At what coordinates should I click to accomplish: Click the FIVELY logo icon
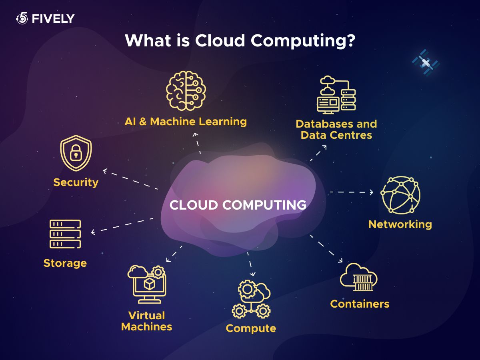coord(22,18)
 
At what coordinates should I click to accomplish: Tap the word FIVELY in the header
coord(53,18)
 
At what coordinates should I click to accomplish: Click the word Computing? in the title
coord(303,41)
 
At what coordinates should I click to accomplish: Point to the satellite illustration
coord(426,62)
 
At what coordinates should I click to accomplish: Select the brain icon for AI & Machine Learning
coord(186,90)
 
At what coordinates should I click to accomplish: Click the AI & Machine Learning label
coord(186,122)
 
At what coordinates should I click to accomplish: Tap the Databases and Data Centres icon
coord(336,95)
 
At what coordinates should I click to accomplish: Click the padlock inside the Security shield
coord(76,152)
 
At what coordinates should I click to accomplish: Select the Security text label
coord(76,182)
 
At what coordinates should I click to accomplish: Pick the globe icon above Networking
coord(400,195)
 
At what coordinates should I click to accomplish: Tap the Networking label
coord(400,224)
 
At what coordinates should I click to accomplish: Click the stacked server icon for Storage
coord(65,234)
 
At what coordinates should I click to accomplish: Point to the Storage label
coord(65,263)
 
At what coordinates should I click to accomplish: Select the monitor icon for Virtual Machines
coord(147,284)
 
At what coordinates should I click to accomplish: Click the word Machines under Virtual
coord(147,327)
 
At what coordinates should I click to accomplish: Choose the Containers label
coord(360,304)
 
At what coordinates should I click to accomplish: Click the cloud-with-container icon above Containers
coord(359,277)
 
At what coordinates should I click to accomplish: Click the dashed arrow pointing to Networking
coord(352,192)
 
